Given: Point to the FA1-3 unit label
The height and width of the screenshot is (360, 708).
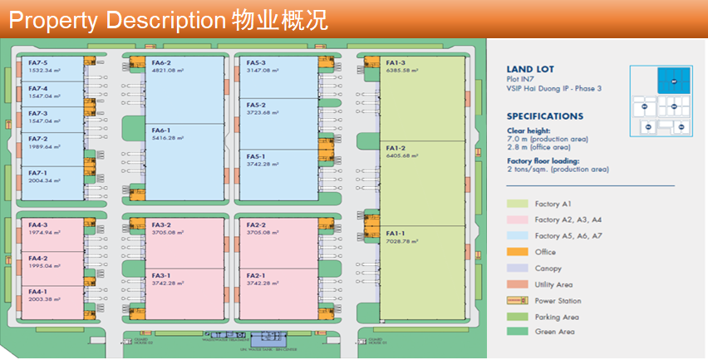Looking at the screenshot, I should (396, 63).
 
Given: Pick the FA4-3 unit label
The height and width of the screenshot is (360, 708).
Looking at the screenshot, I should (38, 224).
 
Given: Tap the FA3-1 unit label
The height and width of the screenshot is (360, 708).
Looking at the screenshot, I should (161, 275).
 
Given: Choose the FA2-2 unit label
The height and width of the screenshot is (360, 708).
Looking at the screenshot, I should (252, 224).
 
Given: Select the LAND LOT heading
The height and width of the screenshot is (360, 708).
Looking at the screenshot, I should (530, 70).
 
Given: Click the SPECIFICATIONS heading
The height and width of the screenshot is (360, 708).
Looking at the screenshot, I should (545, 116).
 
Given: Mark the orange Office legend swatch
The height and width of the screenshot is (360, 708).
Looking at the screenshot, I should (518, 252).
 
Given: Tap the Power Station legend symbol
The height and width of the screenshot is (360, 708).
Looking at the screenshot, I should (518, 300).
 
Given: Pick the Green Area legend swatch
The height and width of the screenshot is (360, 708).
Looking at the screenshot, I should (518, 332).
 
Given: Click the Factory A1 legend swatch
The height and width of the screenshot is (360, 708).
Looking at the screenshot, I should (518, 204).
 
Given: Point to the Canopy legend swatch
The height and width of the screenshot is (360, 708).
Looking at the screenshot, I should (518, 268).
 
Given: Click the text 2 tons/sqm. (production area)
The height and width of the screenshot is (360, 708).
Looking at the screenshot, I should (558, 169).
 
